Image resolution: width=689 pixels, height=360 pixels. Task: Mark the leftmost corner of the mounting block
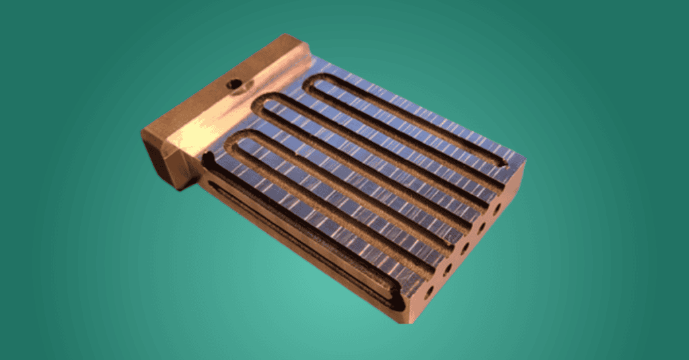pyautogui.click(x=142, y=132)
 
